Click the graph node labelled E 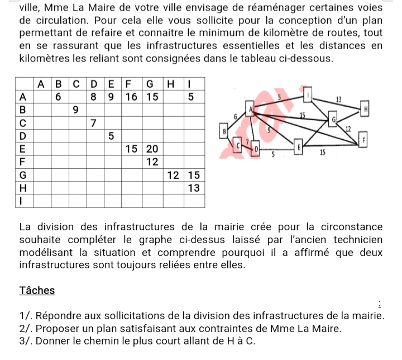pyautogui.click(x=299, y=147)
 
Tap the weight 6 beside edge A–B pyautogui.click(x=236, y=115)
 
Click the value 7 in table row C pyautogui.click(x=94, y=122)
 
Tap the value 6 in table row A pyautogui.click(x=58, y=97)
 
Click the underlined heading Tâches pyautogui.click(x=37, y=290)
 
